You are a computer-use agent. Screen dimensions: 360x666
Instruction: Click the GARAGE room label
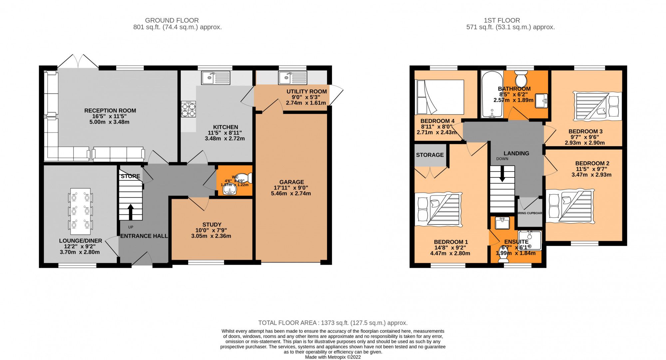(x=291, y=182)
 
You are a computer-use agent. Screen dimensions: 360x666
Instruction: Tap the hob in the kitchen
(x=188, y=109)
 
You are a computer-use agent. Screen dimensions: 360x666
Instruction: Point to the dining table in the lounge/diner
(x=80, y=211)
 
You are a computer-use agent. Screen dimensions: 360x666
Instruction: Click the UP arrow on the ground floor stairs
(x=131, y=212)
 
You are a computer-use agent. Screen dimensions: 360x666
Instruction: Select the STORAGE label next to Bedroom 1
(x=430, y=155)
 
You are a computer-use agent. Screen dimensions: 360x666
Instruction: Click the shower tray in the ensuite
(x=531, y=240)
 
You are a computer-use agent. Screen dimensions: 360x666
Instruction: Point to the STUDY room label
(x=212, y=224)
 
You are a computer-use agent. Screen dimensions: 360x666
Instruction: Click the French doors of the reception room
(x=79, y=62)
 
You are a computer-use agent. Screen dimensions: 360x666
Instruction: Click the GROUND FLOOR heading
(x=172, y=20)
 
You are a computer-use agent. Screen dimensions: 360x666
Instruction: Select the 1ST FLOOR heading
(x=502, y=20)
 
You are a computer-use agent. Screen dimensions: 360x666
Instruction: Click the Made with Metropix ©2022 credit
(x=333, y=357)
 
